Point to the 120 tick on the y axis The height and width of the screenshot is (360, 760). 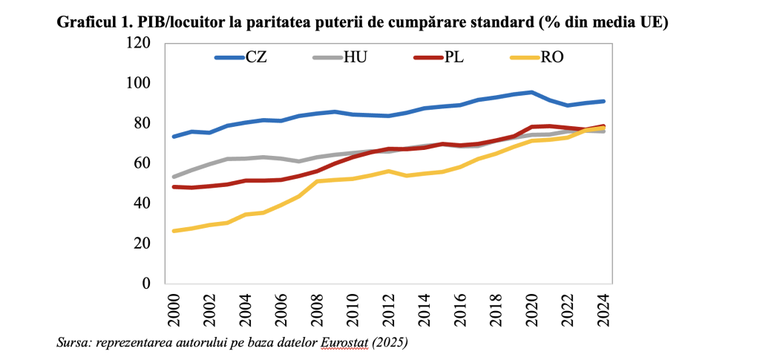(139, 43)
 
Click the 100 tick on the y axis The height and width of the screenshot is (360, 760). (139, 83)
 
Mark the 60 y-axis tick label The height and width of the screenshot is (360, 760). (142, 163)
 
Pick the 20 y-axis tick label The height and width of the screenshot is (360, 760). (142, 243)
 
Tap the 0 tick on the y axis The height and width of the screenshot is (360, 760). (146, 284)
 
